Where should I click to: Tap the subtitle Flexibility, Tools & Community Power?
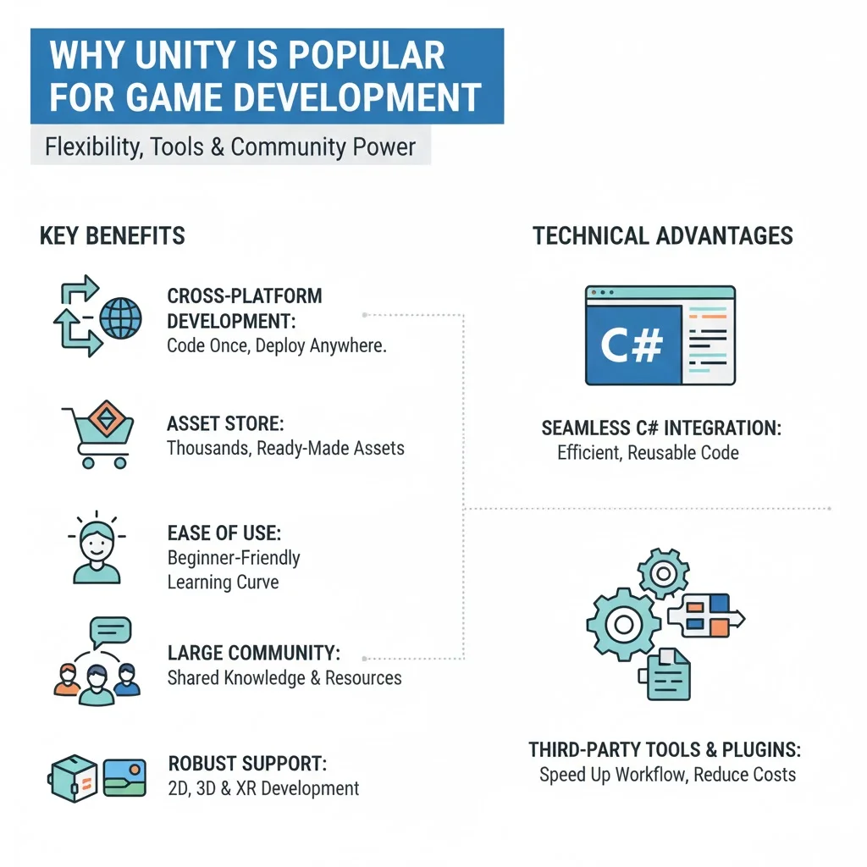[229, 147]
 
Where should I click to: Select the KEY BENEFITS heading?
[112, 235]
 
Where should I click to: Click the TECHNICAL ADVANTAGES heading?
[662, 235]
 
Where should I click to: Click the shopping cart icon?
[96, 436]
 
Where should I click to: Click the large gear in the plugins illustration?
[623, 625]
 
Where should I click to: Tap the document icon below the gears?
[667, 675]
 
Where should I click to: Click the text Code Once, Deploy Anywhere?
[276, 345]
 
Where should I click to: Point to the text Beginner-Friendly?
[234, 559]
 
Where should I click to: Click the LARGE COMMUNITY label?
[254, 654]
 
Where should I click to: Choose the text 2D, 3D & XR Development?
[262, 789]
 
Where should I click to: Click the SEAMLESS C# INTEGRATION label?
[660, 429]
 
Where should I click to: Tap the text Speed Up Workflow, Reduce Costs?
[667, 775]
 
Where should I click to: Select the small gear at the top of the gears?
[663, 575]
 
